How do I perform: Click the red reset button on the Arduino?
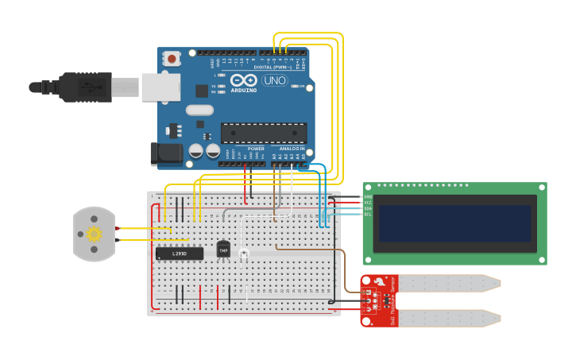172,58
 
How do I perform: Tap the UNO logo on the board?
275,80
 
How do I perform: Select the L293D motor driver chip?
179,254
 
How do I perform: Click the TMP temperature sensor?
223,249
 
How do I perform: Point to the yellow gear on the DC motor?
94,234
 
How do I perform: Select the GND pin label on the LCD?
368,196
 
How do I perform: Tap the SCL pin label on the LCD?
368,214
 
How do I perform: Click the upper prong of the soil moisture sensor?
449,282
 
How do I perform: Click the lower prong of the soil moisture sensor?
449,318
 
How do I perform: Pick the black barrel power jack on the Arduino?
166,153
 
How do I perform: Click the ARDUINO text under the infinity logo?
244,91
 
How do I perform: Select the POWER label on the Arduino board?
256,149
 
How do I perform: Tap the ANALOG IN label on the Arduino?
292,149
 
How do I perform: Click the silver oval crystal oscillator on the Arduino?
200,110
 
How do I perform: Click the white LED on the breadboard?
243,254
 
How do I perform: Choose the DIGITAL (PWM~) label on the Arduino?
271,68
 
